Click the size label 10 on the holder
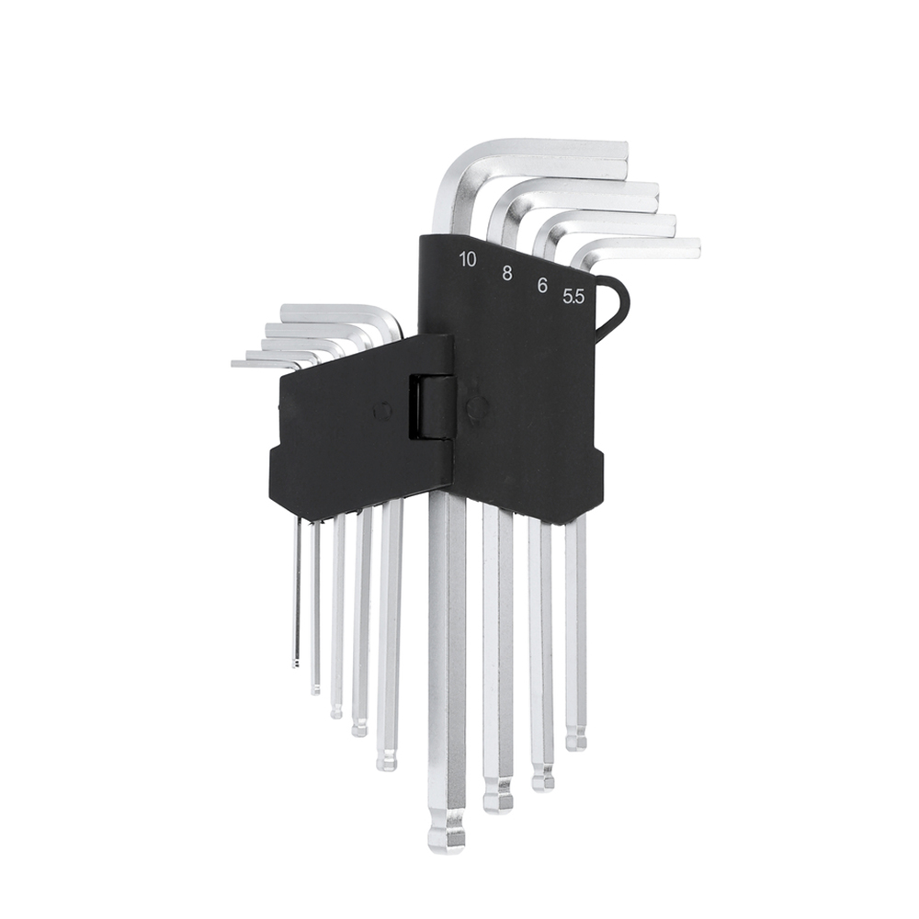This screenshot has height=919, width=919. [468, 259]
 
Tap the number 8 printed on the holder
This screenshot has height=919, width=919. [507, 273]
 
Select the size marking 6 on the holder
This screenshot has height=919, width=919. [542, 286]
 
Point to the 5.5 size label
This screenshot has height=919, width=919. [573, 297]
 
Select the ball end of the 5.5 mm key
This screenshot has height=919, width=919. [575, 739]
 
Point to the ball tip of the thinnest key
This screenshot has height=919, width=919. [295, 664]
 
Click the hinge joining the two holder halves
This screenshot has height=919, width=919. [431, 406]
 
